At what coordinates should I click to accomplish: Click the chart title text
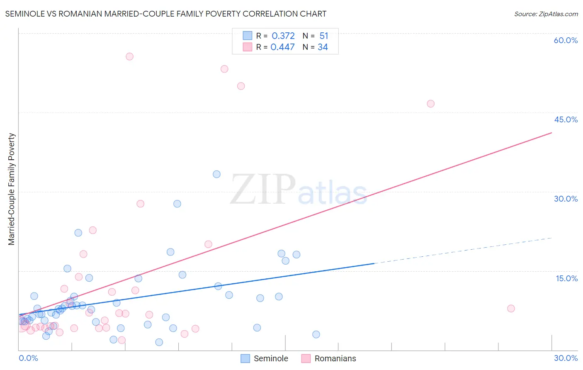[165, 14]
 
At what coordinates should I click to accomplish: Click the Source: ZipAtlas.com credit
[546, 14]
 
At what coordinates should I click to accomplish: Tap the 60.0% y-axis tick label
[566, 40]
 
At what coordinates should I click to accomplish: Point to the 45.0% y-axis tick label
[566, 119]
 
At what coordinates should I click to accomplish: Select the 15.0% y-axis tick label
[566, 278]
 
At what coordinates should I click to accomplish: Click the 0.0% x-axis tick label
[28, 358]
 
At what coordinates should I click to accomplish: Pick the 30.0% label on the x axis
[566, 358]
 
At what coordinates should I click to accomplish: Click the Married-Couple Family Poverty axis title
[12, 189]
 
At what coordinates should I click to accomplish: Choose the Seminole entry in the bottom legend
[265, 358]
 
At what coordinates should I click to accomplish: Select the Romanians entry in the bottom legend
[329, 358]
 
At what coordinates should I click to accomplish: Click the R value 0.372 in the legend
[283, 36]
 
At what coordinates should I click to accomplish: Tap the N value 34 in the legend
[323, 47]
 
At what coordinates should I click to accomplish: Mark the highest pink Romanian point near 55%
[129, 56]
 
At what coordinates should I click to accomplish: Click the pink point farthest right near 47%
[430, 104]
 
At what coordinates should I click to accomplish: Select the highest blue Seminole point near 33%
[216, 174]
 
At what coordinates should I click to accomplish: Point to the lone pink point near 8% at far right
[511, 309]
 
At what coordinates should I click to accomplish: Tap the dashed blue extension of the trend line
[464, 251]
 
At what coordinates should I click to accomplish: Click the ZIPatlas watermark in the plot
[299, 190]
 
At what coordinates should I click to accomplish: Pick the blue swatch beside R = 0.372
[248, 36]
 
